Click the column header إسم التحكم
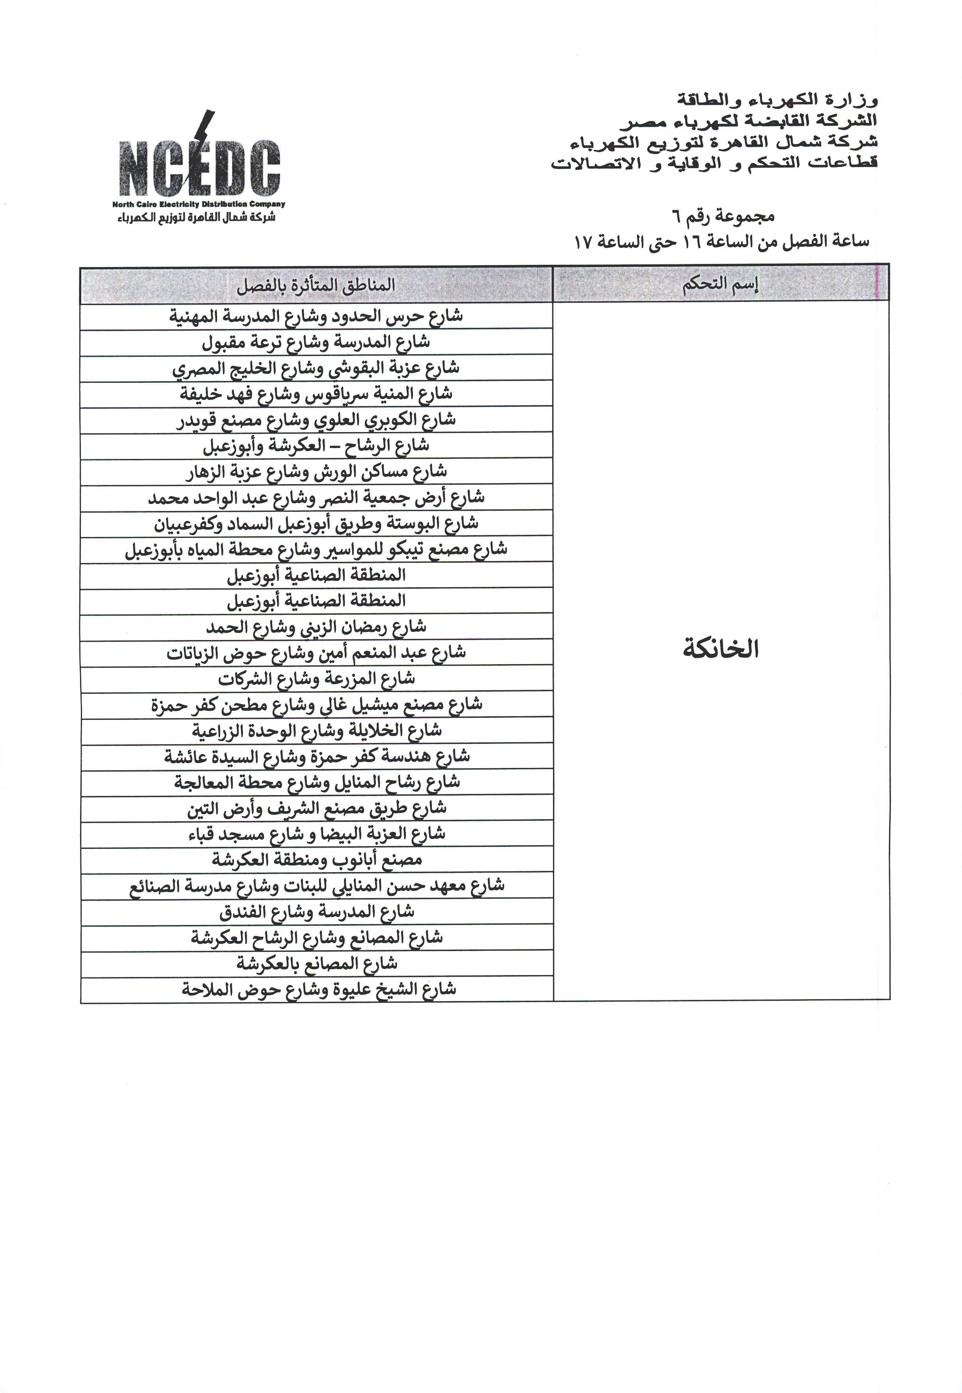coord(720,284)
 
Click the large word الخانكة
coord(720,650)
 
